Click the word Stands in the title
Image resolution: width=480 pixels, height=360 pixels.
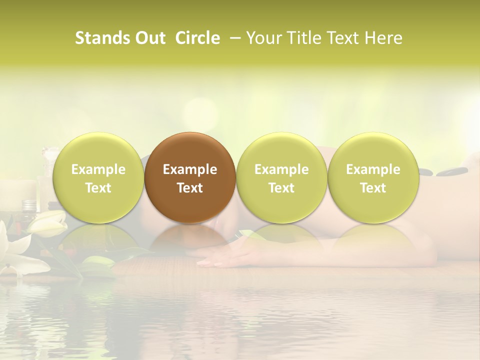click(x=102, y=38)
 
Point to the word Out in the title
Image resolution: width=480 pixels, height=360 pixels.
click(x=149, y=38)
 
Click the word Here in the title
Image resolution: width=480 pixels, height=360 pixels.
click(x=383, y=38)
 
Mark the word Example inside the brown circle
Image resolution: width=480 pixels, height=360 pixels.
click(x=190, y=169)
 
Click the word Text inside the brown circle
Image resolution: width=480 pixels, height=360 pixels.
click(x=190, y=188)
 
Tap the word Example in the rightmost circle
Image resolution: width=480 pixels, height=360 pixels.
click(x=373, y=169)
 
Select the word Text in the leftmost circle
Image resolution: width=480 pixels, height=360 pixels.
click(x=98, y=188)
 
